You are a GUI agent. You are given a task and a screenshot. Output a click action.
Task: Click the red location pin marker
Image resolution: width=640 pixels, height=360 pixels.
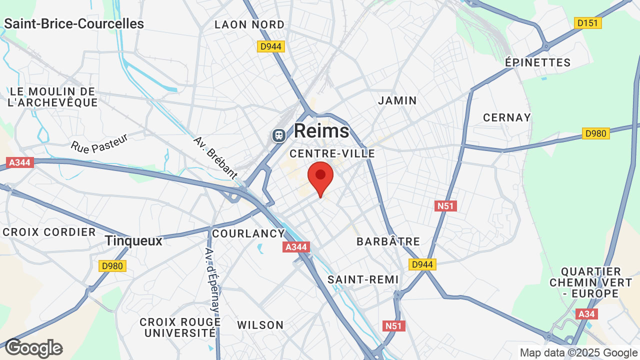pyautogui.click(x=320, y=178)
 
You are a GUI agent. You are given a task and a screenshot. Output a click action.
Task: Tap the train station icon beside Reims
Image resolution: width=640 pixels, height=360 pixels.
pyautogui.click(x=278, y=135)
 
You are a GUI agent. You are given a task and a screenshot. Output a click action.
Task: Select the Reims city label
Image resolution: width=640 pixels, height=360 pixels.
pyautogui.click(x=321, y=131)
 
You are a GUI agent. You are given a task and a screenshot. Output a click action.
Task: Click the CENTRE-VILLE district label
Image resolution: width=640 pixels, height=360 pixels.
pyautogui.click(x=332, y=153)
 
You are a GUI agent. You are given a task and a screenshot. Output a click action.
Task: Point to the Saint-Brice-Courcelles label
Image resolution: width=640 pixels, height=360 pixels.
pyautogui.click(x=74, y=23)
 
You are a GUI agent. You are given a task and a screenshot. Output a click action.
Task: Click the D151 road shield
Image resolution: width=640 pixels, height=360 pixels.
pyautogui.click(x=588, y=23)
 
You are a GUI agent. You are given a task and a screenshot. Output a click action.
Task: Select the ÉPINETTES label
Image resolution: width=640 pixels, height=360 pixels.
pyautogui.click(x=538, y=62)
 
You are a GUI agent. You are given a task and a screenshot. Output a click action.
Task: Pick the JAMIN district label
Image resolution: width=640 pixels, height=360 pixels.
pyautogui.click(x=397, y=100)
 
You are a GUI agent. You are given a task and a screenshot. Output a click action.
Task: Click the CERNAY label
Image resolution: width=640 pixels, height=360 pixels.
pyautogui.click(x=507, y=117)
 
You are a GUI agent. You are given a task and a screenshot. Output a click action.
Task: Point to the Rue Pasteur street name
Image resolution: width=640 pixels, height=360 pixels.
pyautogui.click(x=99, y=143)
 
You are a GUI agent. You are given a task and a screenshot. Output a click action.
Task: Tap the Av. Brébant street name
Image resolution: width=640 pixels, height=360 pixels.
pyautogui.click(x=215, y=157)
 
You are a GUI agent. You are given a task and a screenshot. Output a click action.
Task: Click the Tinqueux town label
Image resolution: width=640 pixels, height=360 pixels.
pyautogui.click(x=134, y=241)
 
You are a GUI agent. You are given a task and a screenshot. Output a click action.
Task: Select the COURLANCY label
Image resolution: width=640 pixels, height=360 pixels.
pyautogui.click(x=248, y=233)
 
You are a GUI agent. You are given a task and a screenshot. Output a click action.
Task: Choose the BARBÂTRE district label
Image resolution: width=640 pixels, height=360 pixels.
pyautogui.click(x=388, y=241)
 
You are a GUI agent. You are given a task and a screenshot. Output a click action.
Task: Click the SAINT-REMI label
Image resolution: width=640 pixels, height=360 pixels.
pyautogui.click(x=363, y=279)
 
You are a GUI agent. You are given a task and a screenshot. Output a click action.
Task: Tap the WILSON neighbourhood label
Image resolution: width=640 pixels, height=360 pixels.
pyautogui.click(x=260, y=325)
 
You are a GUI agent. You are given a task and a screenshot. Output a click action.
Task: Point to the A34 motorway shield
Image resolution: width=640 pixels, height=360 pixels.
pyautogui.click(x=585, y=314)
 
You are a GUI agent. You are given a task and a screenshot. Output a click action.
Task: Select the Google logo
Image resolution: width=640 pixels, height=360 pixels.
pyautogui.click(x=34, y=348)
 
